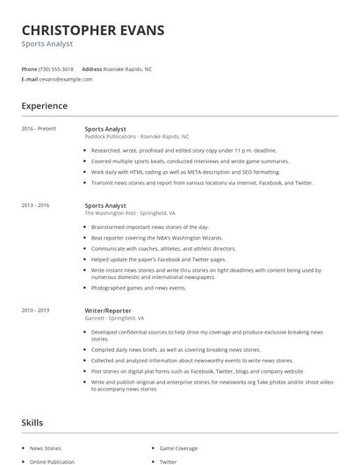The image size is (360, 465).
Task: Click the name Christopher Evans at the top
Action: tap(92, 30)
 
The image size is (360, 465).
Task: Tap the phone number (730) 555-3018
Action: tap(57, 68)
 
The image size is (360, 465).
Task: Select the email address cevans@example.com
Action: tap(66, 79)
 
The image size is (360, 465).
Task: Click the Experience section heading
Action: tap(44, 106)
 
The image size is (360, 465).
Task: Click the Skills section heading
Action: tap(32, 423)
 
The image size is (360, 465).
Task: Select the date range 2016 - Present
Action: tap(39, 129)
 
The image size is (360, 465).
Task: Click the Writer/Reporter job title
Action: tap(109, 310)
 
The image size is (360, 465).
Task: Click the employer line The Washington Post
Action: tap(130, 213)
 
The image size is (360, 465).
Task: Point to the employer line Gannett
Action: tap(114, 318)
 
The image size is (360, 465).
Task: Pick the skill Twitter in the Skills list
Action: tap(168, 461)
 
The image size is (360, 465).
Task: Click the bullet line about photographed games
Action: tap(139, 288)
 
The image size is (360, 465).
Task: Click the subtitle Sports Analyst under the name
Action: tap(47, 43)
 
